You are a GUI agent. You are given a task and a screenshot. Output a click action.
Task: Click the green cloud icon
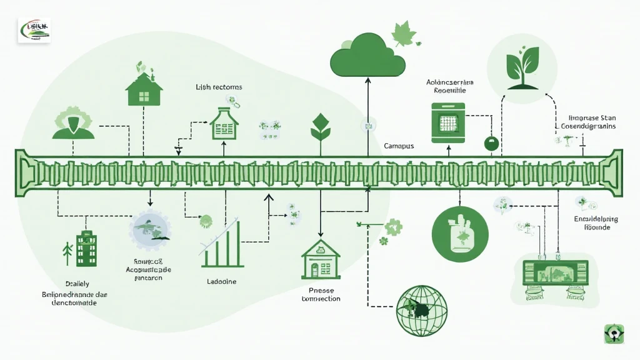point(367,54)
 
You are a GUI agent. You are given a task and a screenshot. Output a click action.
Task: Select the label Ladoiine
point(221,282)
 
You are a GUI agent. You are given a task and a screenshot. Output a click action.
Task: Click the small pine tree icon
point(67,252)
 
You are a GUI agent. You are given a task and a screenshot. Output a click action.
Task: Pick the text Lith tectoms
point(219,87)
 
